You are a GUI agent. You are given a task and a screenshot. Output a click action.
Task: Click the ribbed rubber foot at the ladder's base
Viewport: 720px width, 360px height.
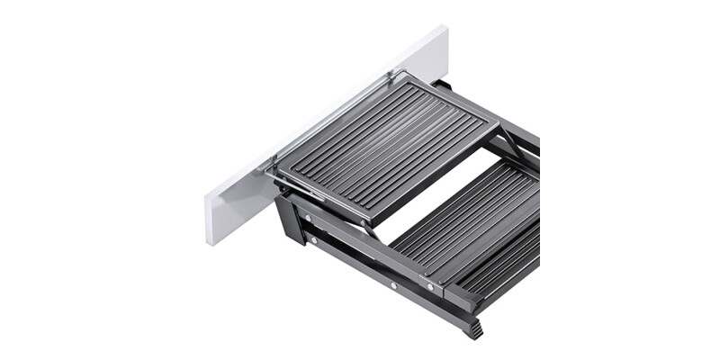pos(472,329)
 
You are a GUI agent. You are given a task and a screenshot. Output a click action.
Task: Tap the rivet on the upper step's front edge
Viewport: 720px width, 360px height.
pos(364,220)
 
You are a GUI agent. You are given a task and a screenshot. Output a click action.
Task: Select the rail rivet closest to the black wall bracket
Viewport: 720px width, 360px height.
pos(311,241)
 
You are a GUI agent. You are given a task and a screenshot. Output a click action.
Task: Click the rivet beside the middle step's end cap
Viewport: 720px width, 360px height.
pos(429,289)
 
